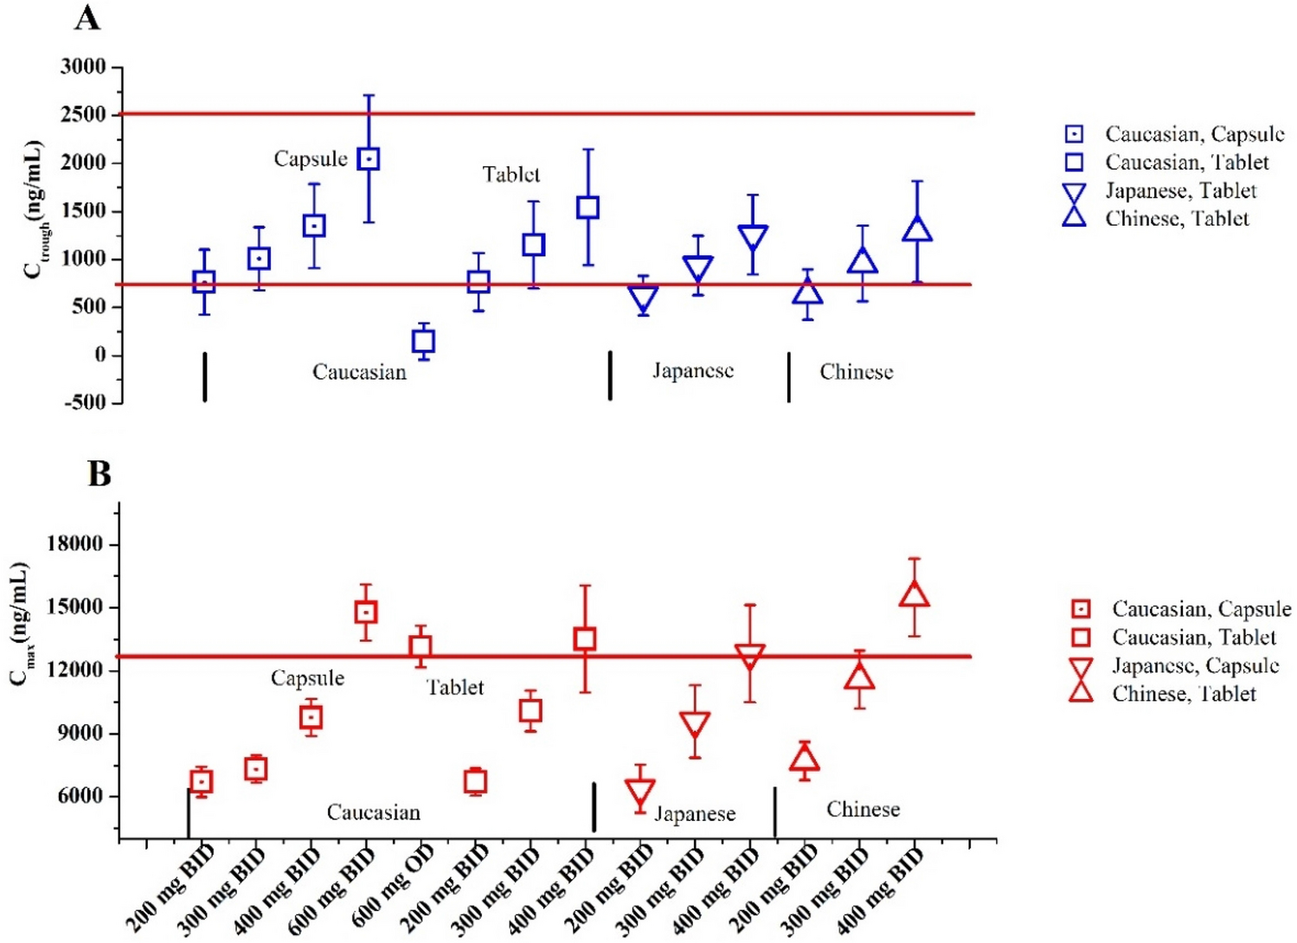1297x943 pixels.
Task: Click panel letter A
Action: pos(87,17)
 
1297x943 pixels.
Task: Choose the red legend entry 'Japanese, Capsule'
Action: pos(1195,665)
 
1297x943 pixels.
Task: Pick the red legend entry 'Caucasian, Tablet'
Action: pos(1193,638)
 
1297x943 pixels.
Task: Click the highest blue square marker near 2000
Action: pos(369,159)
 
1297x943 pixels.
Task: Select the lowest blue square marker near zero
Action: pos(423,341)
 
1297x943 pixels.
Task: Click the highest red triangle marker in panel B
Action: pos(915,594)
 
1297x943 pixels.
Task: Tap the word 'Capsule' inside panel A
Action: pos(311,159)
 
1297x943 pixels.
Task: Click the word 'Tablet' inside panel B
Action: pos(455,688)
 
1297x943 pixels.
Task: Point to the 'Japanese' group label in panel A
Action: pos(692,371)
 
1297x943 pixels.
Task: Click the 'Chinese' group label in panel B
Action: pos(863,810)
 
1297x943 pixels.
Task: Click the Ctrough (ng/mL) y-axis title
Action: pos(35,209)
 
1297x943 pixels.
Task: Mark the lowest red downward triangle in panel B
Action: pos(640,792)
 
